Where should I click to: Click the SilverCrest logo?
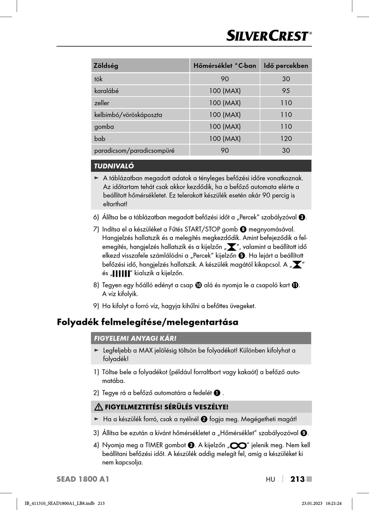269,36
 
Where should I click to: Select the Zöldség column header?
106,66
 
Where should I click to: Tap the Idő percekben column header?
286,66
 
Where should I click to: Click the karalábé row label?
106,91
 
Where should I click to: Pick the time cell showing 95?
286,91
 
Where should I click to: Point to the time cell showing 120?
286,138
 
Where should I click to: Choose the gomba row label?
104,127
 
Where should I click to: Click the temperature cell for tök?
225,79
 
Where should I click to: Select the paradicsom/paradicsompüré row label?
134,150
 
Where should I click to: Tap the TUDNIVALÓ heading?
114,166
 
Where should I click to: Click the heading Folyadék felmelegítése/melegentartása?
148,322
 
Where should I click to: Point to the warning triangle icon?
99,407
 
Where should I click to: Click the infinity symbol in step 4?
238,445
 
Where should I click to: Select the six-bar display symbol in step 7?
121,274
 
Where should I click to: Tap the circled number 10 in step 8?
198,285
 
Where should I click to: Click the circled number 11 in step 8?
295,285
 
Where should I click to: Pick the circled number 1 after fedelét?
217,393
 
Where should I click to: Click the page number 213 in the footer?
298,479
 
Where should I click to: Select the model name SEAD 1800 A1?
83,479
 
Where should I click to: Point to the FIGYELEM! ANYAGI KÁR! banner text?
135,339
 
